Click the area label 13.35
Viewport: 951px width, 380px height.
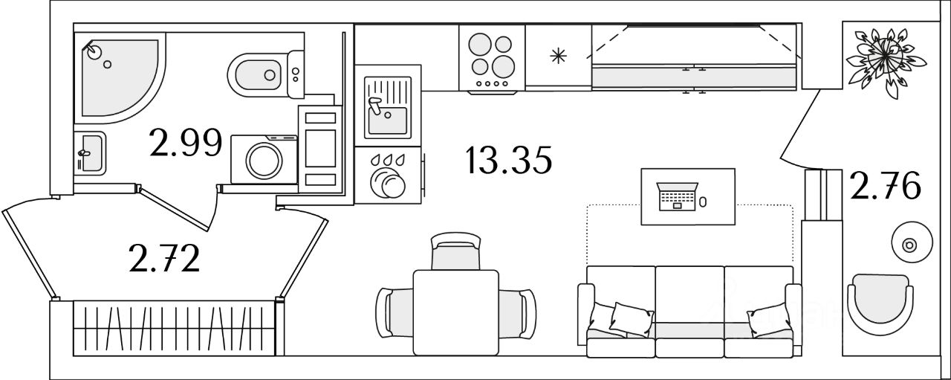coord(510,161)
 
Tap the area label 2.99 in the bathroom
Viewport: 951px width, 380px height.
coord(186,143)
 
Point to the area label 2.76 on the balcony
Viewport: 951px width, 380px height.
coord(886,187)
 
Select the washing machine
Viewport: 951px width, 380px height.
coord(263,158)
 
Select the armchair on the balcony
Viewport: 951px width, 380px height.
coord(880,305)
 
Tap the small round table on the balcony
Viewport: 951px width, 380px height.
coord(907,243)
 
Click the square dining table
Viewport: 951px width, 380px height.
coord(455,312)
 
